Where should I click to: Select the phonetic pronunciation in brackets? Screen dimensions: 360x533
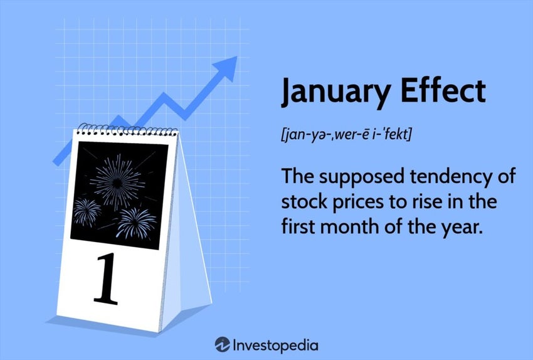click(x=346, y=134)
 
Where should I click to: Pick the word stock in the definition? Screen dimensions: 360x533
click(x=303, y=203)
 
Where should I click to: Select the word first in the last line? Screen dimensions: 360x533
click(x=299, y=227)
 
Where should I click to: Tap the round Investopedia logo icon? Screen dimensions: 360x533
click(x=222, y=344)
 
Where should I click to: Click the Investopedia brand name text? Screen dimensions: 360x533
click(x=276, y=345)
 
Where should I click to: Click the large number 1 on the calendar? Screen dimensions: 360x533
click(x=106, y=280)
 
